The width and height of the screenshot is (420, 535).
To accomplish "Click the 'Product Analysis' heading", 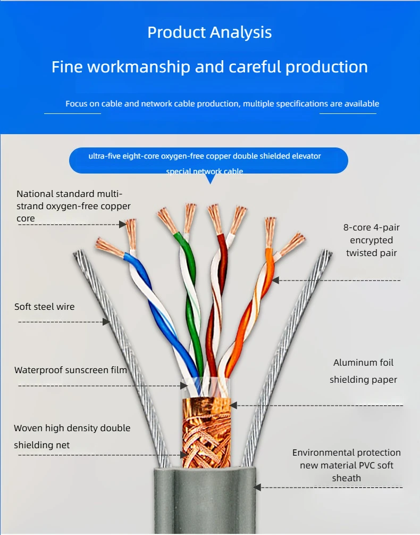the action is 209,32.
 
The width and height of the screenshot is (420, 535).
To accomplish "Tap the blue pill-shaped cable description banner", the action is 208,160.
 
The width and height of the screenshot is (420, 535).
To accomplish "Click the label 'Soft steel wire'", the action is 44,307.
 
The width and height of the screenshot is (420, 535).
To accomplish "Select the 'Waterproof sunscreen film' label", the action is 71,370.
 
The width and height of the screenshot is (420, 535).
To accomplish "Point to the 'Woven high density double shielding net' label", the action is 72,437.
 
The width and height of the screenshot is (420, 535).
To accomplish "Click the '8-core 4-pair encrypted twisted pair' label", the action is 371,240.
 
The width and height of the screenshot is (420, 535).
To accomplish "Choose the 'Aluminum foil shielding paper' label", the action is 363,371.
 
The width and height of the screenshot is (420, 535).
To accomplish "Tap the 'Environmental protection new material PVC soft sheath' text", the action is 347,465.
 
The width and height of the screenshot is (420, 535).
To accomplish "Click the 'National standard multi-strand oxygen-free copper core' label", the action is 73,206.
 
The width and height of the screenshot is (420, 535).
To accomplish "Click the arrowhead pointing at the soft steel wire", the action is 106,322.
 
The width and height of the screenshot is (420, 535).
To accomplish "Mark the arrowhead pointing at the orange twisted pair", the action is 276,280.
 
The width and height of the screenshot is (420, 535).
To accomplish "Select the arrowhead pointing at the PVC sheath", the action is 257,487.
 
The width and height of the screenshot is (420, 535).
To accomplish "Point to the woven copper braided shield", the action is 207,433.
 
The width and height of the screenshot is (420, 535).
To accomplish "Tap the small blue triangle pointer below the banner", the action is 211,179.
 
